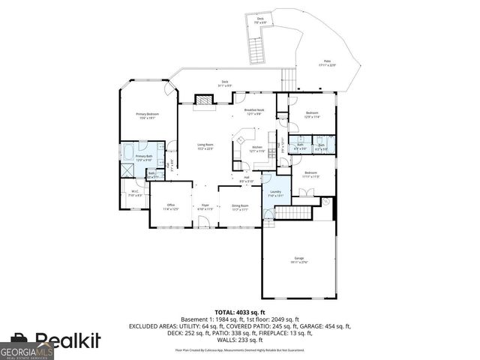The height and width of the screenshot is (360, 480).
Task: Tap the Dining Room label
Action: pyautogui.click(x=240, y=207)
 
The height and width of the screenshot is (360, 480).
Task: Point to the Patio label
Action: pyautogui.click(x=327, y=63)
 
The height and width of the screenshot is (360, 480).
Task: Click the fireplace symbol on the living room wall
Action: pyautogui.click(x=202, y=99)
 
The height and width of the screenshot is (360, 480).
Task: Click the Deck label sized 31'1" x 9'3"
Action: pyautogui.click(x=224, y=84)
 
